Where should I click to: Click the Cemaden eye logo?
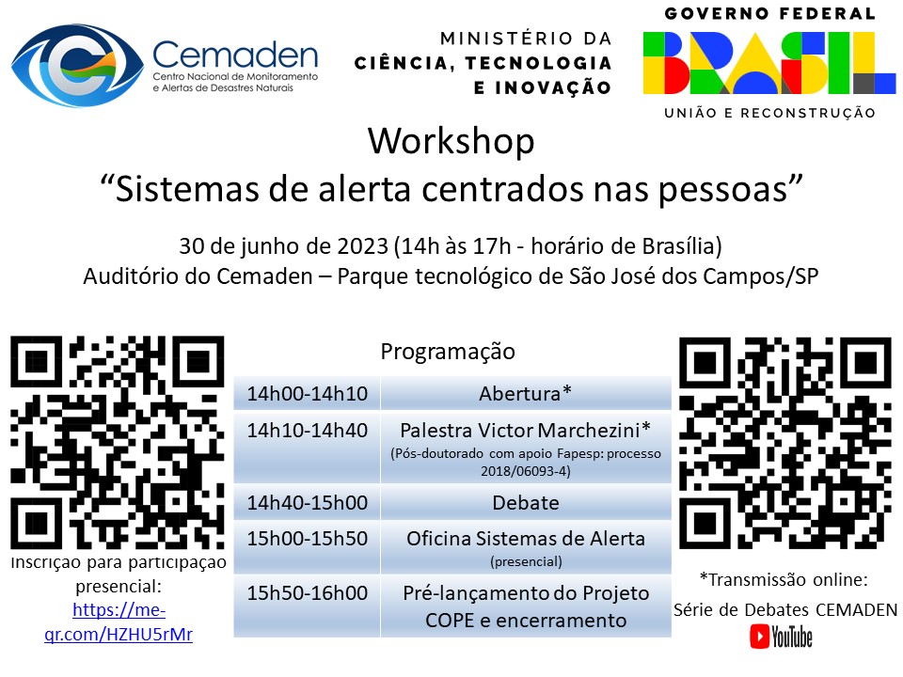[x=79, y=65]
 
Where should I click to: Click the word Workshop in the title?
[x=451, y=141]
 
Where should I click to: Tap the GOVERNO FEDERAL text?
[x=769, y=14]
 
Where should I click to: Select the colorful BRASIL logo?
[x=768, y=62]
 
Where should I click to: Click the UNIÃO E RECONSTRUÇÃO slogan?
[x=769, y=113]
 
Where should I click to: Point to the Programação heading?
[x=448, y=352]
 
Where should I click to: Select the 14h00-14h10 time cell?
[x=307, y=393]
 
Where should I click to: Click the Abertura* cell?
[x=525, y=393]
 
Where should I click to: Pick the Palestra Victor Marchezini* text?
[x=525, y=431]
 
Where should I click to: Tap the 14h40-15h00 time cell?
[x=307, y=503]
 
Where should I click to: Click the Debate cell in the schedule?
[x=525, y=503]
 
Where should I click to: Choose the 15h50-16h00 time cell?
[x=307, y=593]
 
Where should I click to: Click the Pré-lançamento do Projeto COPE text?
[x=525, y=606]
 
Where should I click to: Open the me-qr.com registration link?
[x=119, y=621]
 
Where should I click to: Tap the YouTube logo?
[x=781, y=637]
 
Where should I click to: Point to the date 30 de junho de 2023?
[x=283, y=246]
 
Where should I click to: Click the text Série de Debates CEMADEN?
[x=784, y=608]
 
